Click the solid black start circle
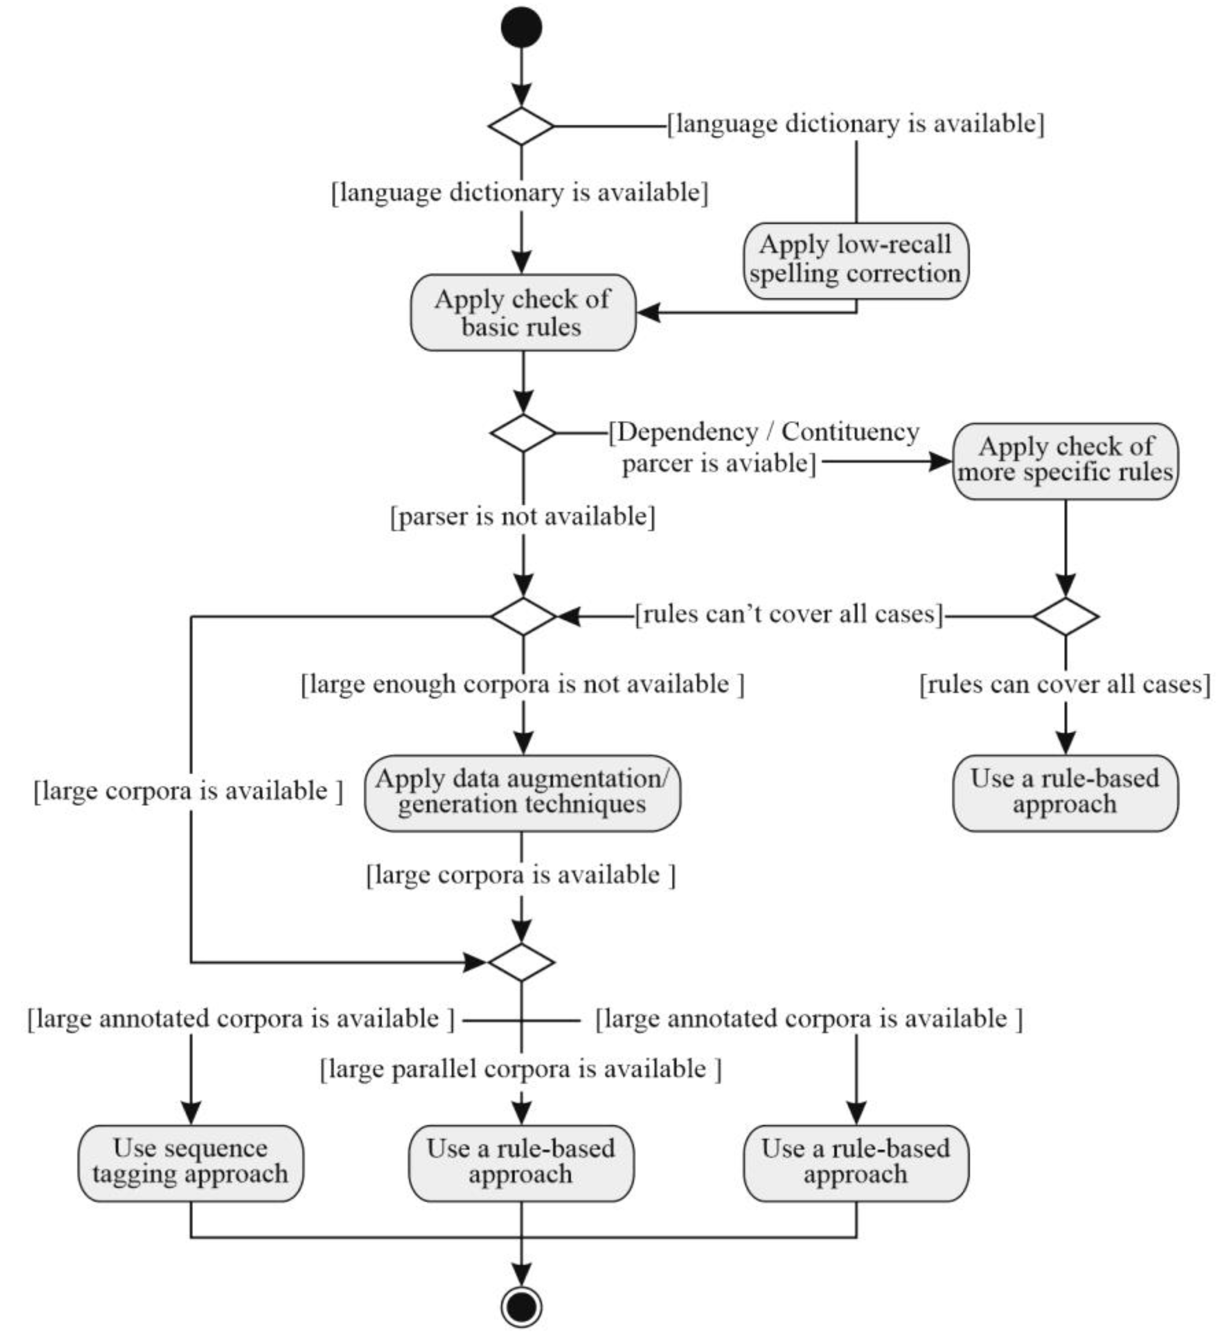tap(522, 27)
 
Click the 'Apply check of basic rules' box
tap(523, 312)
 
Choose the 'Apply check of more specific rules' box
tap(1065, 461)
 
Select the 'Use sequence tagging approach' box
tap(191, 1163)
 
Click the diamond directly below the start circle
tap(522, 126)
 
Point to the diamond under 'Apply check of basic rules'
tap(523, 433)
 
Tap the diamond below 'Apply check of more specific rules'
tap(1066, 616)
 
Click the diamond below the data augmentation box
tap(522, 962)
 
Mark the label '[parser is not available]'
tap(523, 516)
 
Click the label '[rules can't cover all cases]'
tap(789, 614)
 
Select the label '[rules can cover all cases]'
tap(1065, 684)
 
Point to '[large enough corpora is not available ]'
tap(523, 684)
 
